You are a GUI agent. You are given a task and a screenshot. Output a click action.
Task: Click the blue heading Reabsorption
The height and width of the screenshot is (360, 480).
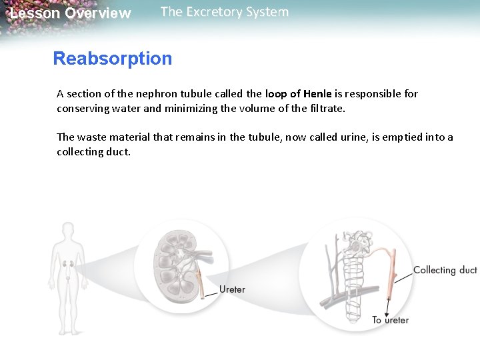pyautogui.click(x=112, y=59)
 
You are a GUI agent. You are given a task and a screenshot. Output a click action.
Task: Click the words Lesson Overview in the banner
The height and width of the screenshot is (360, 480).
pyautogui.click(x=71, y=13)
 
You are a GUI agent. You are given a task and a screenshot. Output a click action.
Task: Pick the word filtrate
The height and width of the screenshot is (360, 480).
pyautogui.click(x=325, y=108)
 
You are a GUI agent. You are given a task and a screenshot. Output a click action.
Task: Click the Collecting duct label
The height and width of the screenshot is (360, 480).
pyautogui.click(x=445, y=270)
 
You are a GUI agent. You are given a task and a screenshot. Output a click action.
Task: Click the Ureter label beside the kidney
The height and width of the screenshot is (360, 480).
pyautogui.click(x=232, y=289)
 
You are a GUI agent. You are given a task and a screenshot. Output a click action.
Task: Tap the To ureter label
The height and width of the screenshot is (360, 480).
pyautogui.click(x=391, y=320)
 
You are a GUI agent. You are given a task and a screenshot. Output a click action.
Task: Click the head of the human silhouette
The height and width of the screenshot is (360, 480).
pyautogui.click(x=67, y=231)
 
